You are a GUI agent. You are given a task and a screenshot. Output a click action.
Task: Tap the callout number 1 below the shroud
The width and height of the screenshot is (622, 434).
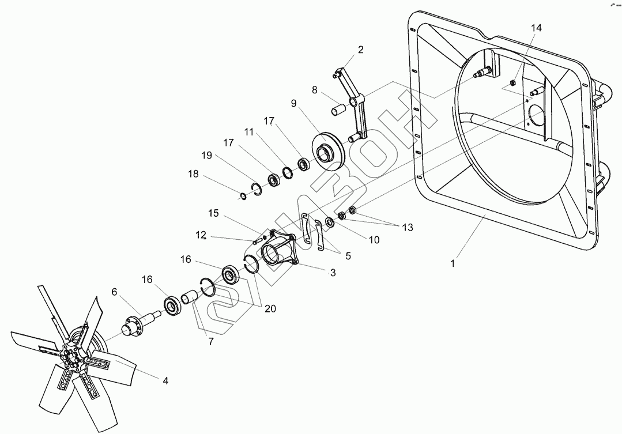(453, 264)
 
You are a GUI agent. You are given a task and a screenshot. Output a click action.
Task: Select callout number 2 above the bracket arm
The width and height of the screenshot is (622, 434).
(361, 50)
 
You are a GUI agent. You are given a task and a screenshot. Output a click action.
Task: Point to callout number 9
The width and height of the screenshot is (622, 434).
(293, 104)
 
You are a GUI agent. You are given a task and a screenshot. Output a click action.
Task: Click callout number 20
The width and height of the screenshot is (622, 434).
(270, 309)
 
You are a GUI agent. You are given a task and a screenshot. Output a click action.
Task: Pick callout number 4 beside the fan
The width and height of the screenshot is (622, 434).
(165, 381)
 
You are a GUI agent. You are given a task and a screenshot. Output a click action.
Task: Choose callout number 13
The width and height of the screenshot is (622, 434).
(408, 228)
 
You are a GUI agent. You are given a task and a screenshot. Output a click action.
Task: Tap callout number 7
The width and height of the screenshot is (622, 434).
(211, 341)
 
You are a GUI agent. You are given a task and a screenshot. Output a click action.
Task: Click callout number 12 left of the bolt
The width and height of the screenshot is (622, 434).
(201, 235)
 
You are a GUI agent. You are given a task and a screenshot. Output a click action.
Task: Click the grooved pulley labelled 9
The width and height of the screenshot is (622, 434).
(327, 152)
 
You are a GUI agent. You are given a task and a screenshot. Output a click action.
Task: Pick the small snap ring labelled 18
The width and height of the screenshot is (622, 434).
(243, 197)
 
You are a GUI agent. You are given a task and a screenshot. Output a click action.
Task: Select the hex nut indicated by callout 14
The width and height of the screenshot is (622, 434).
(511, 84)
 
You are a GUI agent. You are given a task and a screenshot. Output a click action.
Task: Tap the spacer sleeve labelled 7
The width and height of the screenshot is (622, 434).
(189, 298)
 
